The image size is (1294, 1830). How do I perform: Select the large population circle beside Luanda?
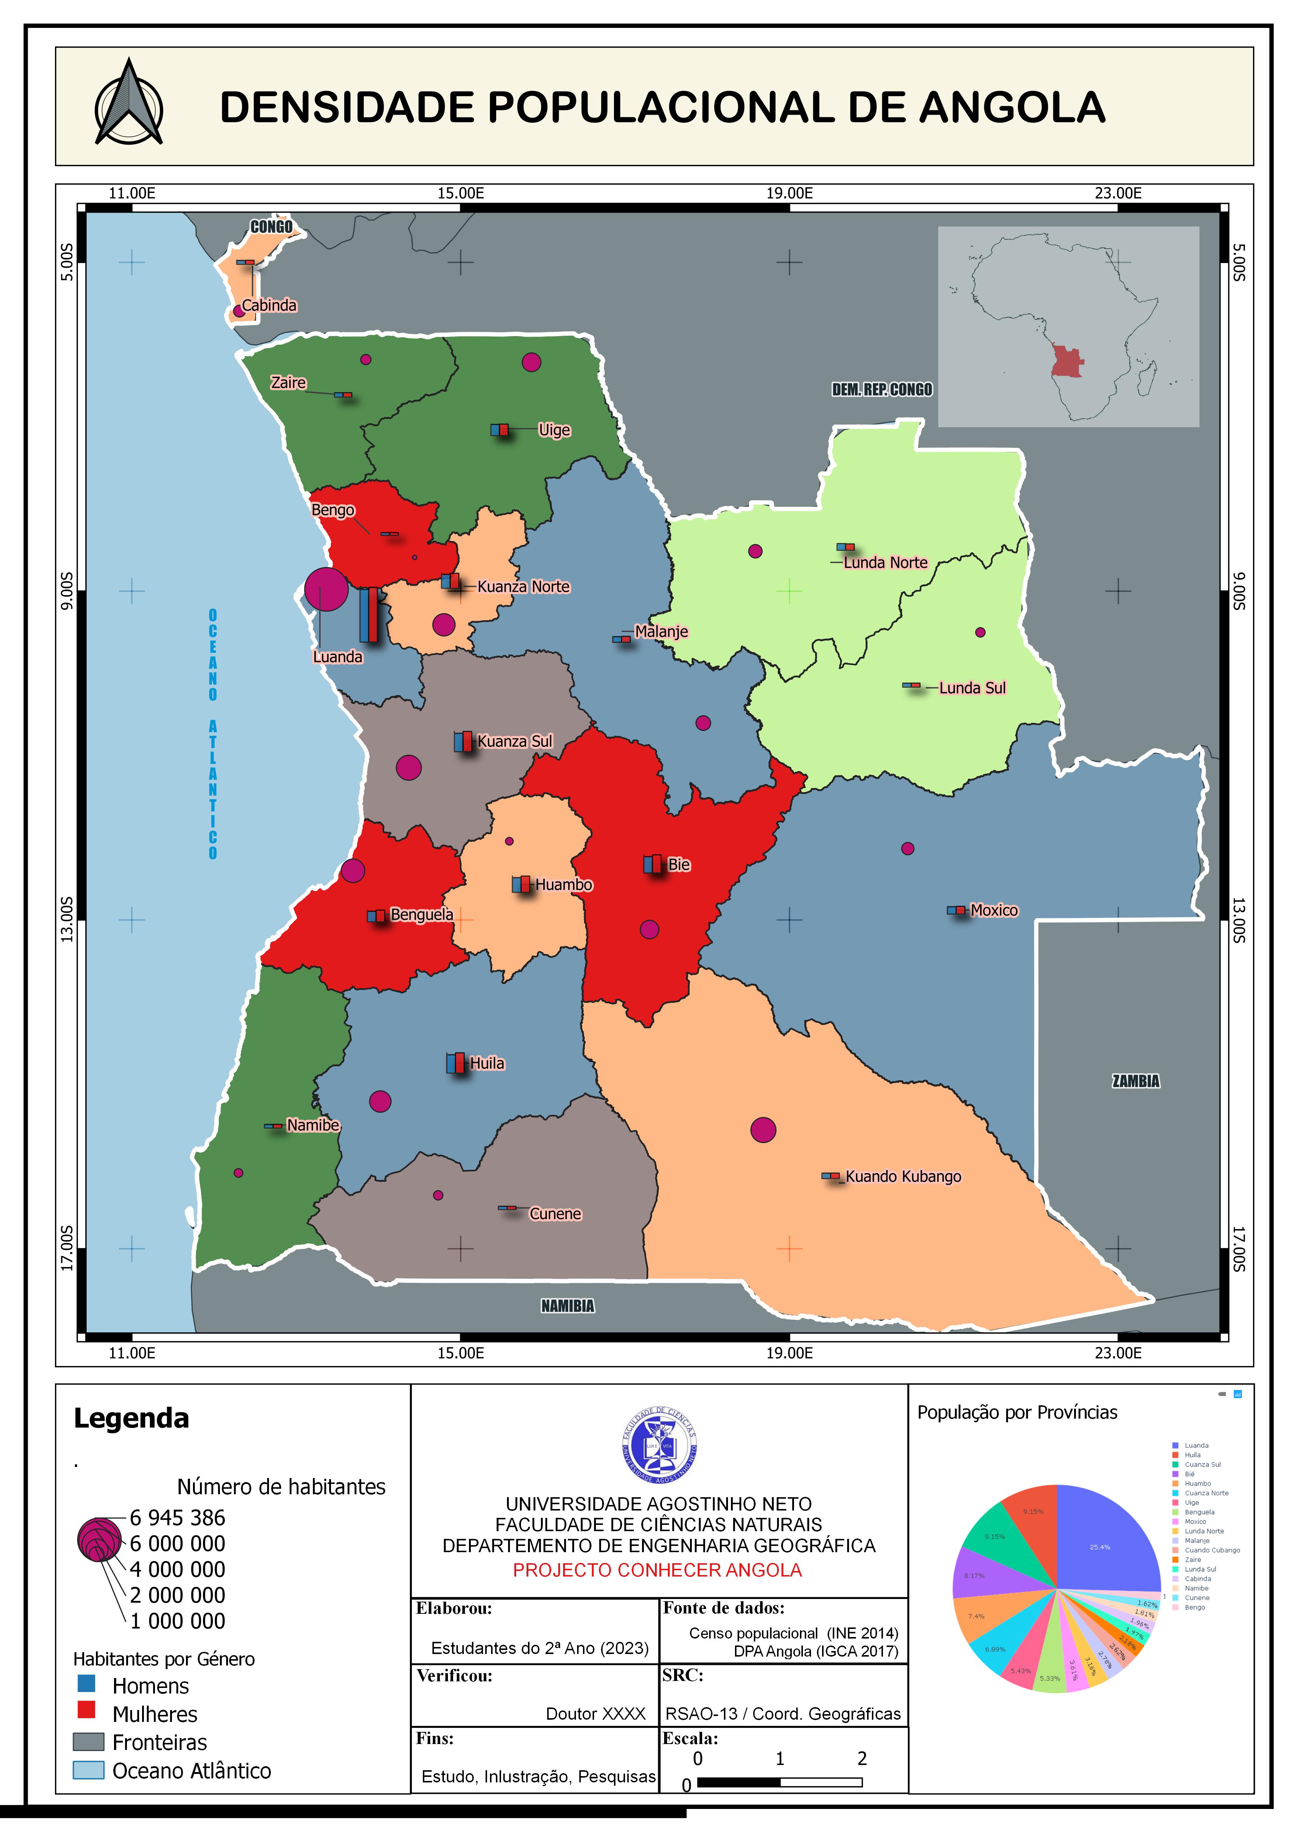pos(326,590)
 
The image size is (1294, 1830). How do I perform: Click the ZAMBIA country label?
pos(1135,1081)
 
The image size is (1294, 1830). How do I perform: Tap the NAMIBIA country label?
pos(567,1306)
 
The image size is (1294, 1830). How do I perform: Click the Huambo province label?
pos(564,885)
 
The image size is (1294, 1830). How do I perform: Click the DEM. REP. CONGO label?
pos(882,390)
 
